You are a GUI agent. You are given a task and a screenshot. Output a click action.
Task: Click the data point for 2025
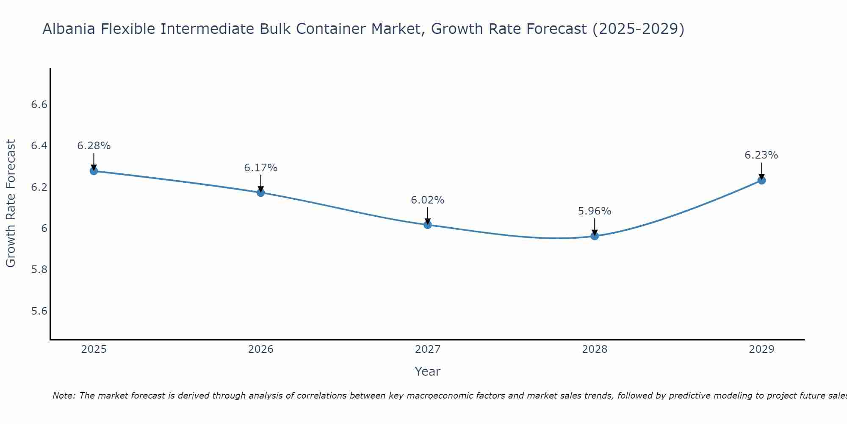click(94, 171)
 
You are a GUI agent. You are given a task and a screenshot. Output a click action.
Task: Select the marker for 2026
click(261, 192)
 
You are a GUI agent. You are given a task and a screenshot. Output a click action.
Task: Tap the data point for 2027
click(428, 225)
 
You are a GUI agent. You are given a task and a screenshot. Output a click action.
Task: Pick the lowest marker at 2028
click(595, 236)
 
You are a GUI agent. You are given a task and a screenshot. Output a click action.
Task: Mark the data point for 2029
click(761, 180)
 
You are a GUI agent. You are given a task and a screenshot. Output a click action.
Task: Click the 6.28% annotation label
click(94, 146)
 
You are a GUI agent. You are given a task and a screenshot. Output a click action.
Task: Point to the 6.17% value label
click(261, 168)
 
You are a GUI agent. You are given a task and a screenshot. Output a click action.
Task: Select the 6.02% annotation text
click(428, 200)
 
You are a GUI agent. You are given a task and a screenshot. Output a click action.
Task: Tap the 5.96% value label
click(595, 211)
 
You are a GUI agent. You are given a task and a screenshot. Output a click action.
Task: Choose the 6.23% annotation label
click(761, 155)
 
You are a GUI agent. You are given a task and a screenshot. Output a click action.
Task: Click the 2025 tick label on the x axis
click(94, 349)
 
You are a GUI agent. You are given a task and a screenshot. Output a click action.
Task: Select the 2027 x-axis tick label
click(428, 349)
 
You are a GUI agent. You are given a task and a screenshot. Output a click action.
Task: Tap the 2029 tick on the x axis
click(761, 349)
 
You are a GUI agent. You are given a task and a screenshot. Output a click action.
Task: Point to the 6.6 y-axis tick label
click(39, 105)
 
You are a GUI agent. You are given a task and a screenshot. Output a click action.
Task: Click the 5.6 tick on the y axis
click(39, 311)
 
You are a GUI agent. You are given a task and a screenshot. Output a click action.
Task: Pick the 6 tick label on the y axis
click(44, 229)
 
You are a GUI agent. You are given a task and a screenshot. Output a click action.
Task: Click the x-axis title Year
click(428, 371)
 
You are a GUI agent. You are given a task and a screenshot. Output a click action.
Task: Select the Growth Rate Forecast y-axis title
click(11, 204)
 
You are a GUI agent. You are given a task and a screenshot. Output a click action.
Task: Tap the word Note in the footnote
click(64, 396)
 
